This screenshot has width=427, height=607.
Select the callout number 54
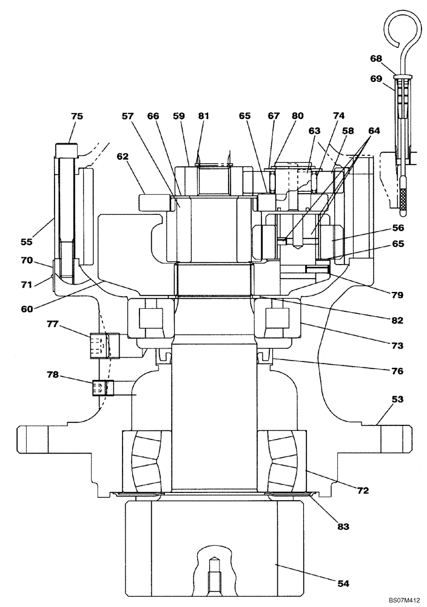point(344,584)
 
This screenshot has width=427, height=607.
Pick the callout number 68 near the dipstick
point(377,59)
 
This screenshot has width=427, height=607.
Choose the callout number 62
point(123,156)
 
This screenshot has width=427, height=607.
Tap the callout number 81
point(203,117)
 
